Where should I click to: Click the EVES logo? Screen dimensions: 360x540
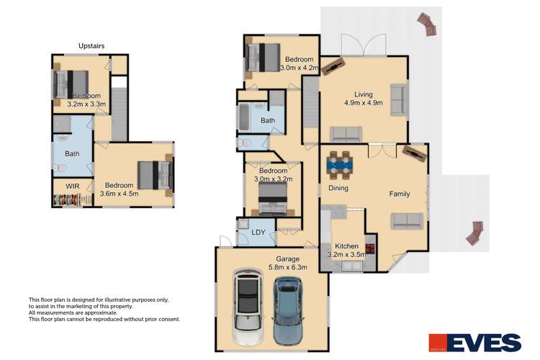474,342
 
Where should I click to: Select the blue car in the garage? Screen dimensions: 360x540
290,310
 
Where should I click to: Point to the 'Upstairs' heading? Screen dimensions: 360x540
91,46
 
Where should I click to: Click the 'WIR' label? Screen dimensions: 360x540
73,186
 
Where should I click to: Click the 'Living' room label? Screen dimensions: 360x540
364,94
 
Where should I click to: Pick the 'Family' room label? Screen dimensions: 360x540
400,194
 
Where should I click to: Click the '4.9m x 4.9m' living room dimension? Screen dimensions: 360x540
364,103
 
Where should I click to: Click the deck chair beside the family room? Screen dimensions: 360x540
474,233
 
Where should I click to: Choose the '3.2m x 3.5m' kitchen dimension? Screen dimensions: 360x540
346,254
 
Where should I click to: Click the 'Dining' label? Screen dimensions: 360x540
338,188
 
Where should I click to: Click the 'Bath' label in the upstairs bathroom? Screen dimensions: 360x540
72,153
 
